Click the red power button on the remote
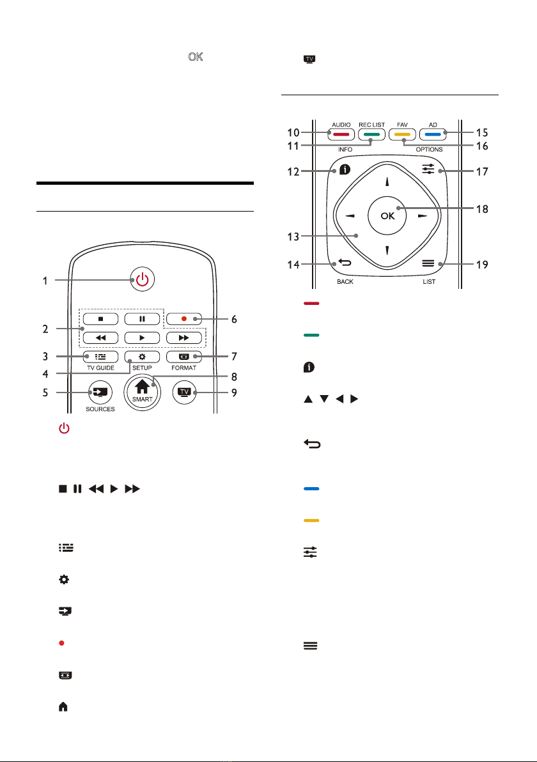(x=142, y=279)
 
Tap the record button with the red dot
(x=183, y=319)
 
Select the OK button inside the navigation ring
(x=387, y=215)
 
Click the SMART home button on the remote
(x=142, y=392)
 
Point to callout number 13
(x=293, y=237)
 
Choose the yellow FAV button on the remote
(x=402, y=134)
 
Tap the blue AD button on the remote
(x=433, y=134)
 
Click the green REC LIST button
(x=372, y=134)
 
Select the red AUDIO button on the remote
(x=341, y=134)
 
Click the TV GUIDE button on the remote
(x=100, y=357)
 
